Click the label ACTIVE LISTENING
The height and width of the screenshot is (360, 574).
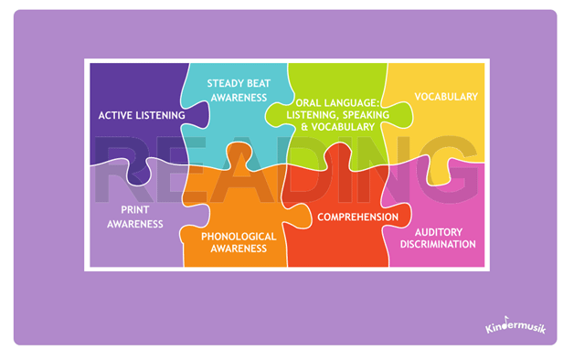143,116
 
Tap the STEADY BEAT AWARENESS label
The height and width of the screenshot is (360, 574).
237,90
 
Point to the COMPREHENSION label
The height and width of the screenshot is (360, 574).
357,217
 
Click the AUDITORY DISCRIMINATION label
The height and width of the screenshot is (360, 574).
439,238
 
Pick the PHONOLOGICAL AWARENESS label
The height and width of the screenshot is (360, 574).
239,241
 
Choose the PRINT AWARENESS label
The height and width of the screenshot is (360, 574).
135,216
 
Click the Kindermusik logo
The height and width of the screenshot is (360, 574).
515,325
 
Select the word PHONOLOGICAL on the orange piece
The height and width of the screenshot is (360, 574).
239,236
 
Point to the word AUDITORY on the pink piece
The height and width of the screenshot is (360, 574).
439,231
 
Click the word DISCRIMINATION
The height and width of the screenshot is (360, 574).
439,244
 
